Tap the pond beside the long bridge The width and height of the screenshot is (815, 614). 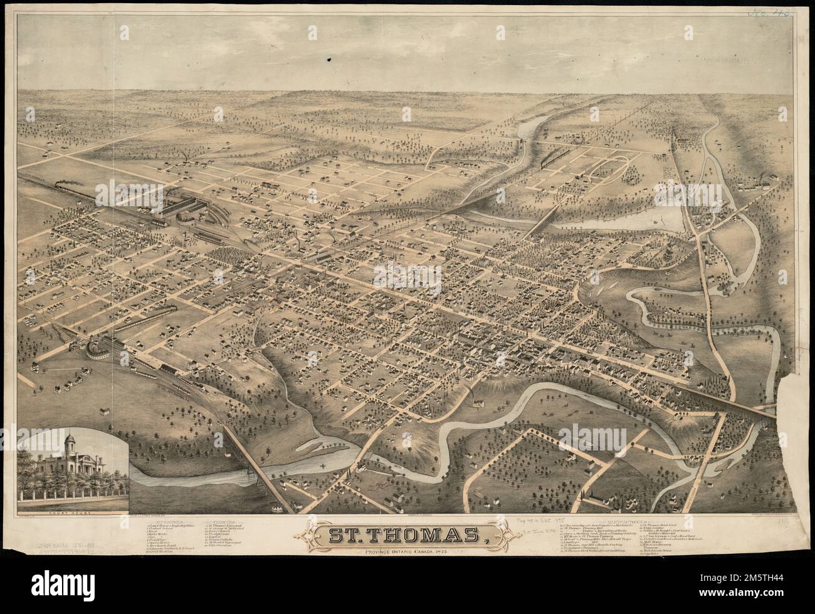pyautogui.click(x=655, y=220)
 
